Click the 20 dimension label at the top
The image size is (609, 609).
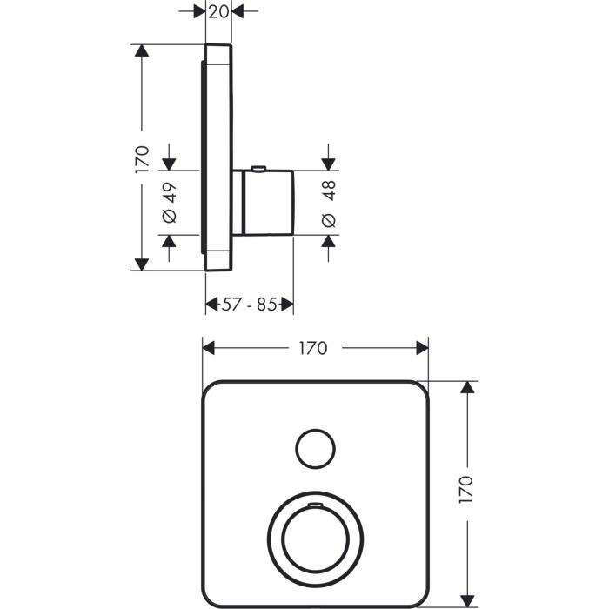click(218, 11)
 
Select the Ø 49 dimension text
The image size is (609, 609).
click(170, 203)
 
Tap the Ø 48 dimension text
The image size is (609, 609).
click(329, 204)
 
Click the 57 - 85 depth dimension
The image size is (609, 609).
click(249, 304)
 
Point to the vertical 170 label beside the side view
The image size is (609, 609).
click(142, 159)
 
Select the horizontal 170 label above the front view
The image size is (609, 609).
click(313, 348)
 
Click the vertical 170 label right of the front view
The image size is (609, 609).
click(465, 490)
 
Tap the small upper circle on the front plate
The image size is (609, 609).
click(315, 449)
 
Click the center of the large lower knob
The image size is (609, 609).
click(315, 539)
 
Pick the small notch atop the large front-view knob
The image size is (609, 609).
click(315, 505)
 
